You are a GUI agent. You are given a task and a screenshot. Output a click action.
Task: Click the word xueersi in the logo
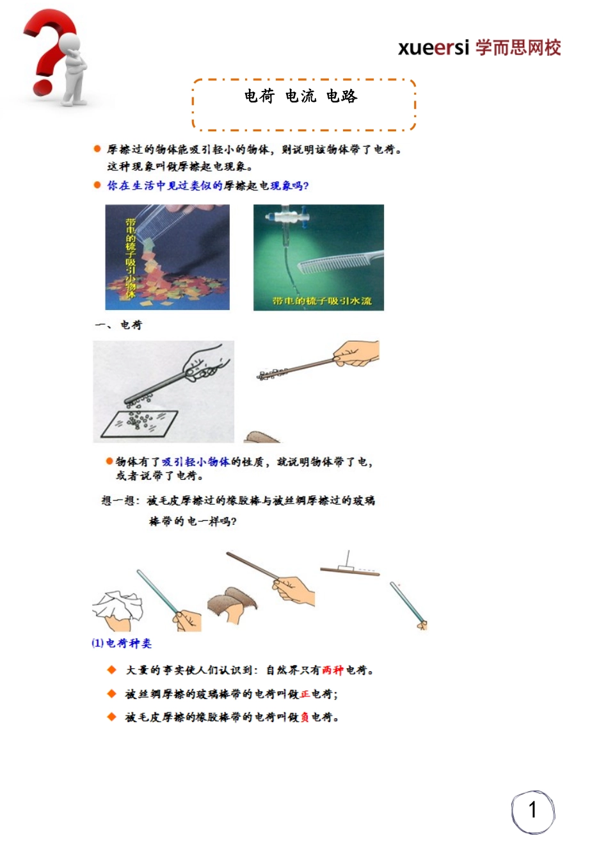coord(433,47)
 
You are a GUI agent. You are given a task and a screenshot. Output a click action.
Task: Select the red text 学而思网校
coord(518,47)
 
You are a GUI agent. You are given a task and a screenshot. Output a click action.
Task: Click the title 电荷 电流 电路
coord(301,96)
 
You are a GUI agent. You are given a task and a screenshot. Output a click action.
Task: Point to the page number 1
coord(532,810)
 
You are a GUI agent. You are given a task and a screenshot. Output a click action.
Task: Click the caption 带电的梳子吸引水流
coord(322,300)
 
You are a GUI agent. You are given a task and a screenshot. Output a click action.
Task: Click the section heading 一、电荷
coord(119,325)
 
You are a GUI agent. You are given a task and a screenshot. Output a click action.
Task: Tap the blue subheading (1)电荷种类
coord(122,643)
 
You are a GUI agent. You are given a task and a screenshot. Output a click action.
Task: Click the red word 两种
coord(332,670)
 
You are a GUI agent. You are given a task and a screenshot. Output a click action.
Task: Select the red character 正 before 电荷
coord(305,694)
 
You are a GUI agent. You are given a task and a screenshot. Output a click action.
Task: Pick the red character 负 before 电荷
coord(305,717)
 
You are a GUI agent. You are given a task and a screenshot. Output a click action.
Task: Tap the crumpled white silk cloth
coord(118,605)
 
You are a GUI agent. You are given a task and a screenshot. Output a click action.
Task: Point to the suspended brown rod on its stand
coord(349,570)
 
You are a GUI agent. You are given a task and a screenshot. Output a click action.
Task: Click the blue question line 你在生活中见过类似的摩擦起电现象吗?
coord(207,186)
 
